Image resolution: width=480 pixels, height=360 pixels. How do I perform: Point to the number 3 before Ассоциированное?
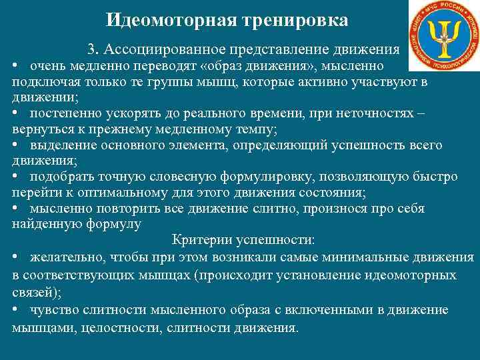coord(91,50)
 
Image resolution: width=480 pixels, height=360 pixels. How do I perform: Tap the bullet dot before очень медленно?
coord(15,66)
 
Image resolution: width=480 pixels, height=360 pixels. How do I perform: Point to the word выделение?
coord(59,145)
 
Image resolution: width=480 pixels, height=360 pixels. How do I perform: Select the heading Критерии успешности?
coord(244,240)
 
